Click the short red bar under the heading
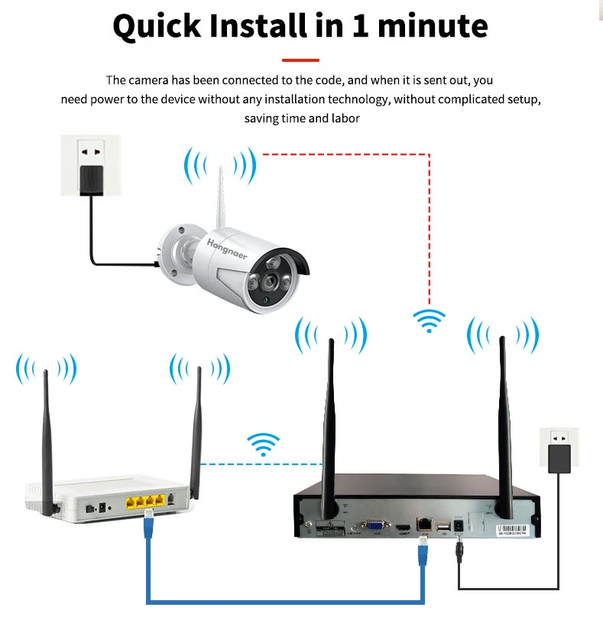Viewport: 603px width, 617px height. click(x=300, y=60)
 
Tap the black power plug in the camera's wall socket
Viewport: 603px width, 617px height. click(x=89, y=178)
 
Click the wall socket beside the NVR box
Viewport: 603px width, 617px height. click(x=559, y=451)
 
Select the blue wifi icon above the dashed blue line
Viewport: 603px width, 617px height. click(x=264, y=444)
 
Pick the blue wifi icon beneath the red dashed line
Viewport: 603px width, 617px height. click(x=429, y=320)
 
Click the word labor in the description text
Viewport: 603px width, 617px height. click(x=343, y=118)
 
